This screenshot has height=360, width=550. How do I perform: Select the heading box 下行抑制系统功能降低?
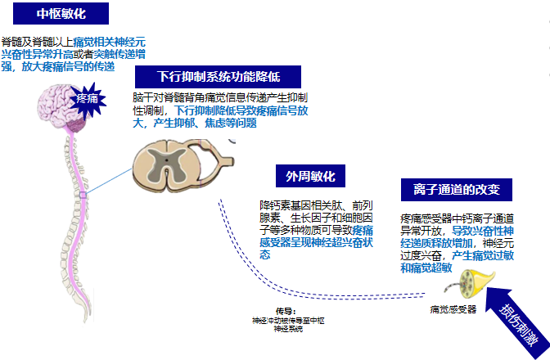(219, 77)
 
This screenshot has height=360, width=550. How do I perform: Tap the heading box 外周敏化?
(310, 178)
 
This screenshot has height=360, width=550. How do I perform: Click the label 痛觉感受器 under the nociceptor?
(453, 310)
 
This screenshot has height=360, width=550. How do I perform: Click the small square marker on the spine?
(83, 196)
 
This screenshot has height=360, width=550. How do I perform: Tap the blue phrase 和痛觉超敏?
(426, 267)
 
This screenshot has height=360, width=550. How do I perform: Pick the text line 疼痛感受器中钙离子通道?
(457, 218)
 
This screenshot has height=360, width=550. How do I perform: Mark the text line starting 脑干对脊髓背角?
(214, 97)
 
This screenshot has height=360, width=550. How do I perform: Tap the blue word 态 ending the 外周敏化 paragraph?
(264, 254)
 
